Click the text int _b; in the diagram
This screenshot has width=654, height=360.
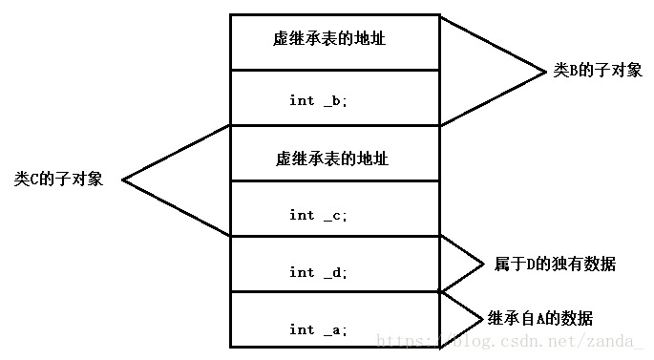click(319, 100)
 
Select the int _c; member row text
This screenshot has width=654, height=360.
click(319, 215)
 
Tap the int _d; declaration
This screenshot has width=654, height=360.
click(319, 272)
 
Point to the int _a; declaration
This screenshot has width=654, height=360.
click(319, 329)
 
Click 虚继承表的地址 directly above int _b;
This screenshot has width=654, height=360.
click(330, 40)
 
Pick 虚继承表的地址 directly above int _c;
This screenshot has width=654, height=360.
click(330, 158)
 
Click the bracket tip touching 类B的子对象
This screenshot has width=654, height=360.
click(543, 71)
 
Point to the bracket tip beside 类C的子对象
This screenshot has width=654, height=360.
click(123, 180)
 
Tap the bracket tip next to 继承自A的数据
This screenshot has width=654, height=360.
click(481, 318)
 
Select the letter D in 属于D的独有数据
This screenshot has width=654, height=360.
click(529, 264)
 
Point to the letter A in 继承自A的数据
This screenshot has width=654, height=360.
click(541, 318)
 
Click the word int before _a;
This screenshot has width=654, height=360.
click(302, 329)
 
